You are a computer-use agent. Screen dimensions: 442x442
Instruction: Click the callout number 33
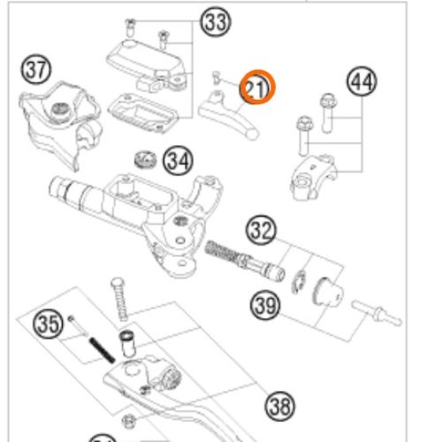click(x=216, y=22)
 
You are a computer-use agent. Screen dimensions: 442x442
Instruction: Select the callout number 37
click(x=36, y=70)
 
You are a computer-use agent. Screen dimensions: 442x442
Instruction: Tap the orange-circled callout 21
click(x=257, y=88)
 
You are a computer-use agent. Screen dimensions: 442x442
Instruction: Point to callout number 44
click(x=362, y=81)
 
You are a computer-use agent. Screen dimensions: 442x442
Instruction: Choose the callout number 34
click(x=178, y=161)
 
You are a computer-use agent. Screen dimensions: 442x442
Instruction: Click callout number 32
click(x=261, y=230)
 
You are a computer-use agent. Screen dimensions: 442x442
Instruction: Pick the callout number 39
click(x=265, y=305)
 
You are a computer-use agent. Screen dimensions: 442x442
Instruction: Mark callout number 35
click(x=49, y=324)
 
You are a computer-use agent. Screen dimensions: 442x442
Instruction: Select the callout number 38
click(x=280, y=406)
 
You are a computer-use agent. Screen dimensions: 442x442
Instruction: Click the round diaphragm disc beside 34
click(x=145, y=160)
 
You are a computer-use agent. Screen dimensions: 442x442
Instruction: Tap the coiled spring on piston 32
click(x=224, y=251)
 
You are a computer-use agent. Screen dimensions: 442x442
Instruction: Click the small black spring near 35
click(x=103, y=350)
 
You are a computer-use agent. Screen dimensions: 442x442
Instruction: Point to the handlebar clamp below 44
click(x=313, y=177)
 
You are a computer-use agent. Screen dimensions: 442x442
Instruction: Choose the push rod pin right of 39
click(x=377, y=313)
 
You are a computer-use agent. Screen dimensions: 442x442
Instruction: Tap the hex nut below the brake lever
click(x=128, y=421)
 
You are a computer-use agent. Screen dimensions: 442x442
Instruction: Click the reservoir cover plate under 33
click(x=143, y=112)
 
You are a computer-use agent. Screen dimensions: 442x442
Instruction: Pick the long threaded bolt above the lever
click(x=119, y=299)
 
